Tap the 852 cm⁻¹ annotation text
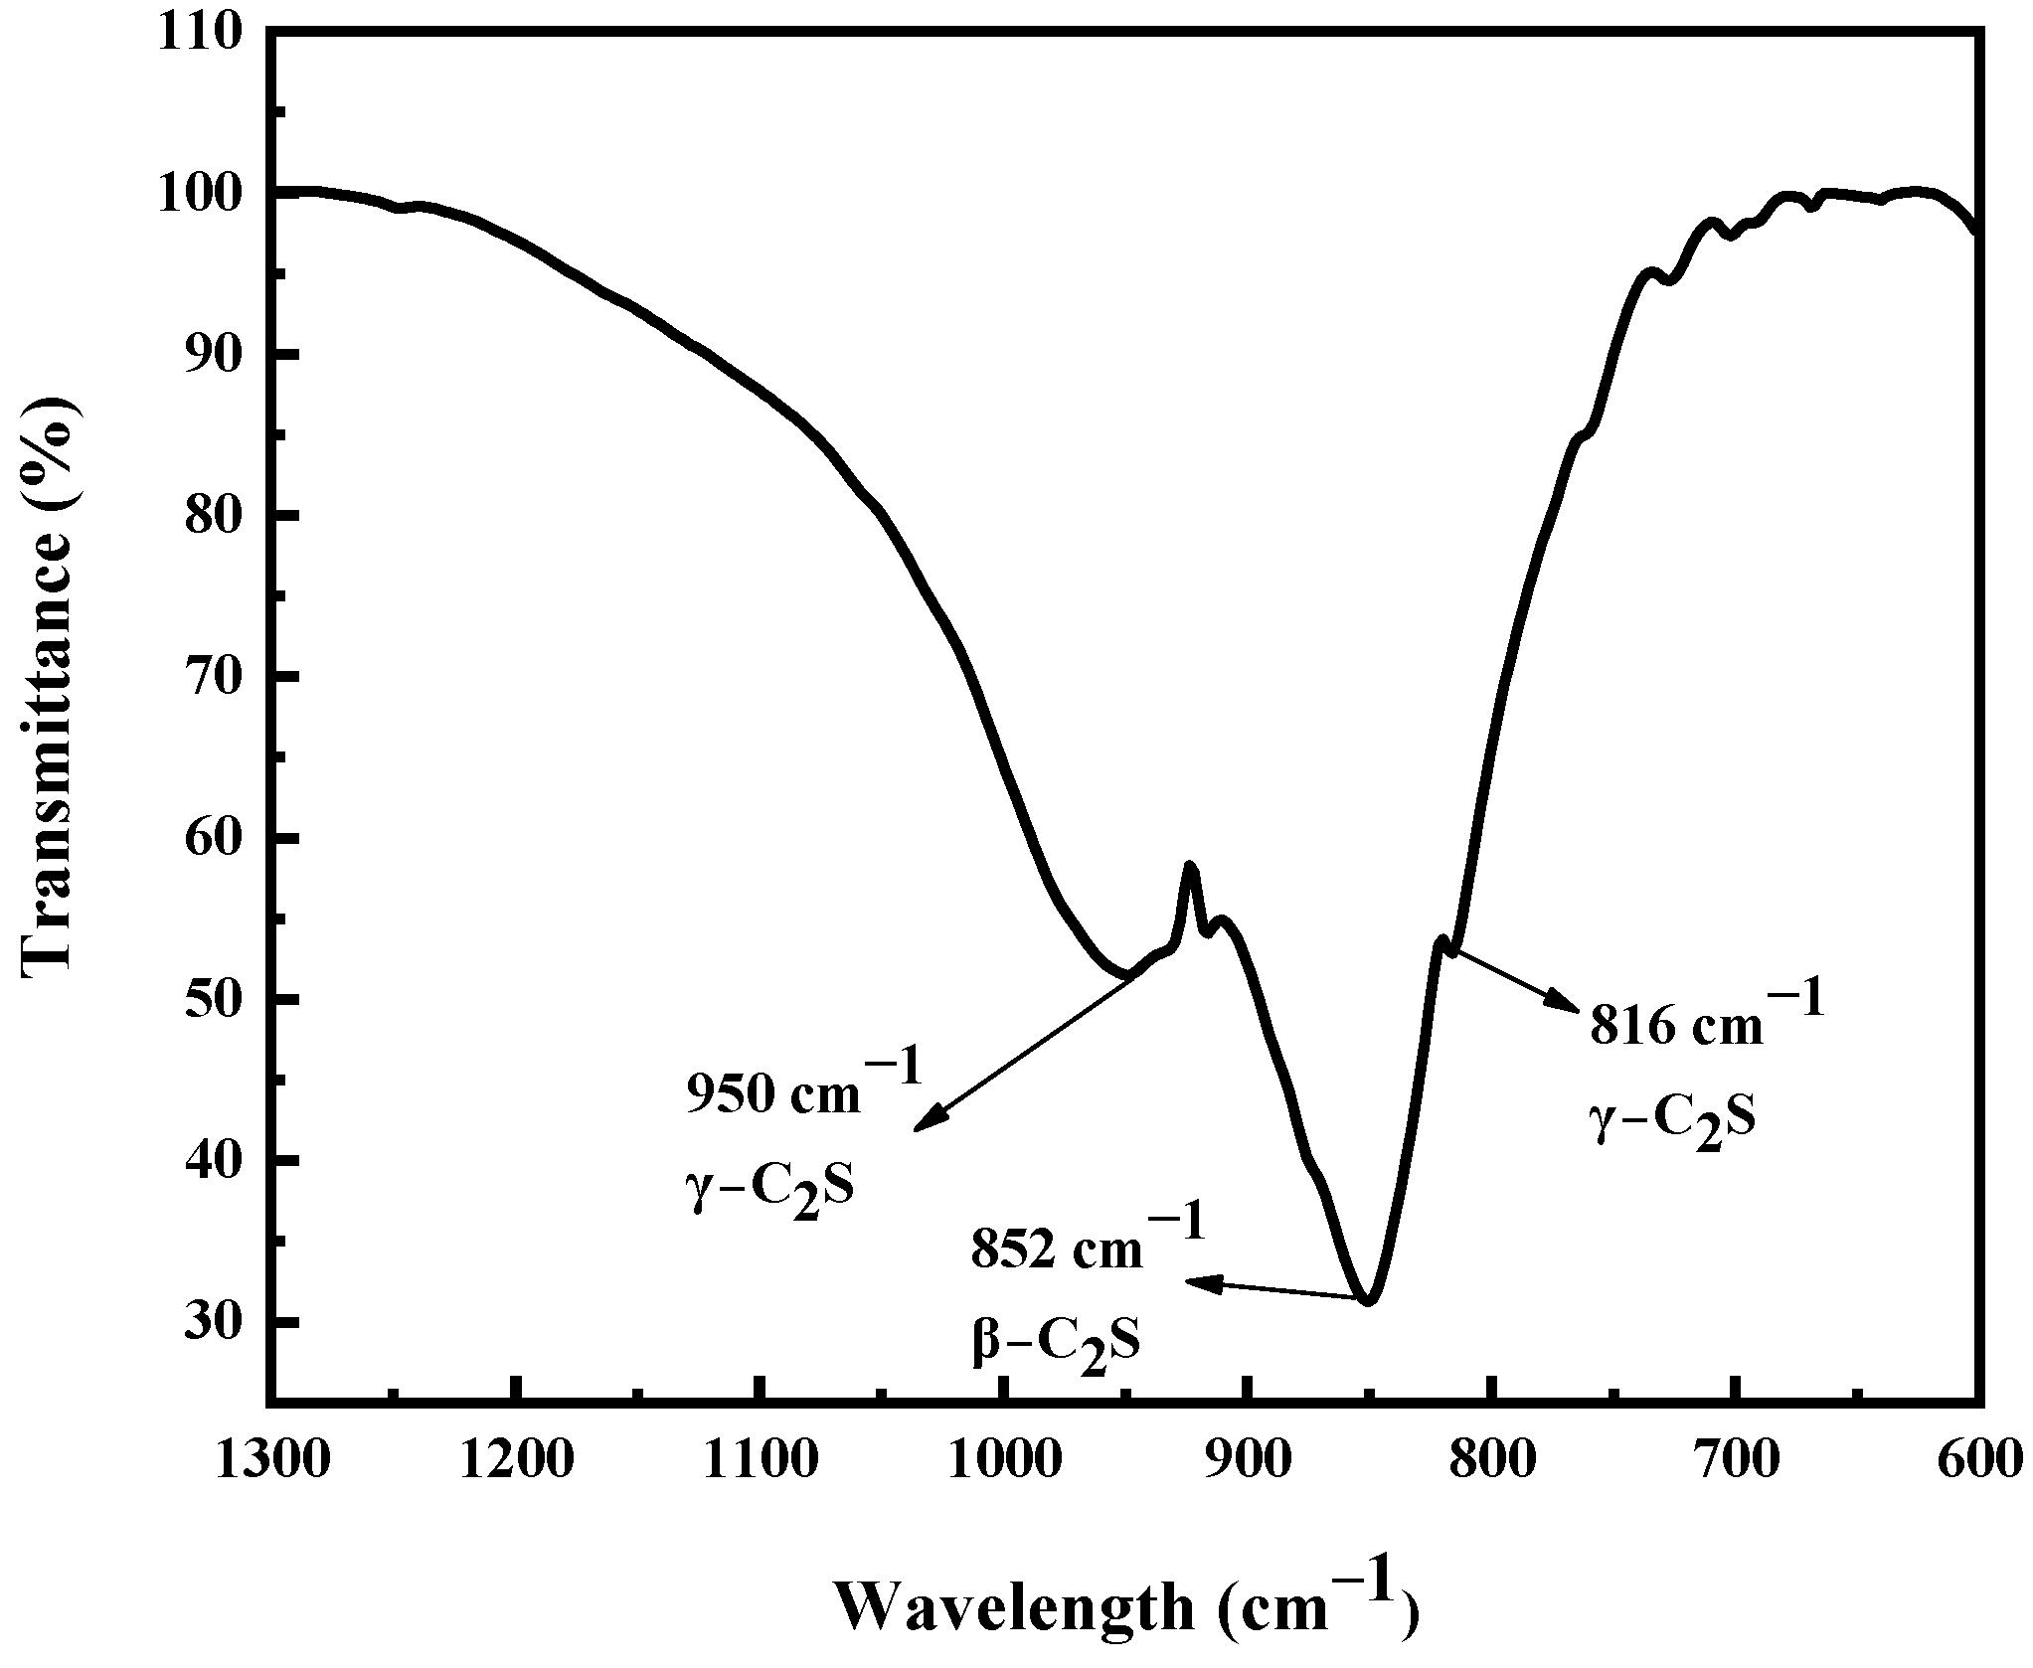pos(1089,1248)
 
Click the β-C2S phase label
pos(1056,1343)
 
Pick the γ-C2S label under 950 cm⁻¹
pos(769,1187)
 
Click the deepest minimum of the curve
pos(1369,1301)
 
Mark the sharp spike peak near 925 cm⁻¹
pos(1190,867)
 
